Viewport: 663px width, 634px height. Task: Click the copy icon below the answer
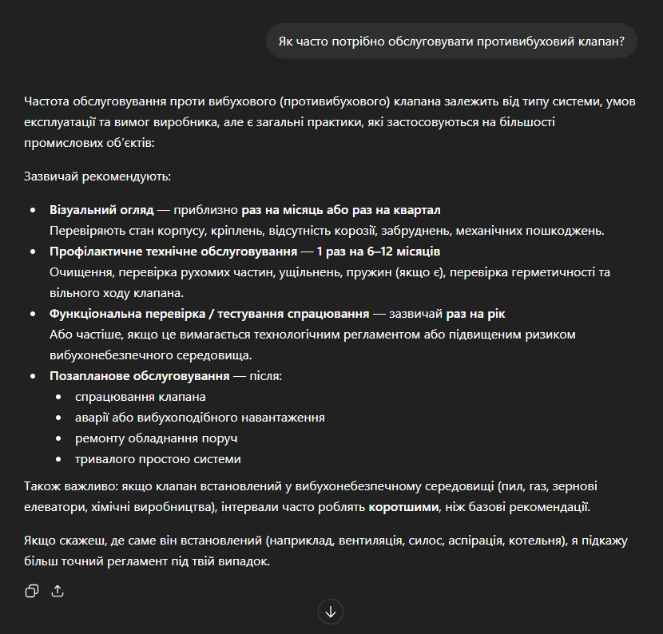click(32, 591)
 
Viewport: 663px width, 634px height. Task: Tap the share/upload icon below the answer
click(58, 591)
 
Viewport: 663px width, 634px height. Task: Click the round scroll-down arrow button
click(330, 612)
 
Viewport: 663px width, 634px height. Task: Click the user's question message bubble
click(451, 41)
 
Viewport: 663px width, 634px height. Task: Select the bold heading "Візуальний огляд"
click(101, 210)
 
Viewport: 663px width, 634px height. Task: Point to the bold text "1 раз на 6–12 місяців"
click(378, 252)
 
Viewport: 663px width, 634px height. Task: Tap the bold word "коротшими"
click(403, 507)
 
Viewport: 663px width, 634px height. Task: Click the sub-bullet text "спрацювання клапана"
click(141, 397)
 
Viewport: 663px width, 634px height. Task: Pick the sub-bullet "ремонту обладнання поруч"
click(157, 438)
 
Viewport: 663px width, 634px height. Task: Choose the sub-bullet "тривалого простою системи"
click(158, 459)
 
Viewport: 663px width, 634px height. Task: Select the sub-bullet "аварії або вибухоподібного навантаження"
click(200, 418)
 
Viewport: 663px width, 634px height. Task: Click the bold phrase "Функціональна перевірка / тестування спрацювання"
click(209, 314)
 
